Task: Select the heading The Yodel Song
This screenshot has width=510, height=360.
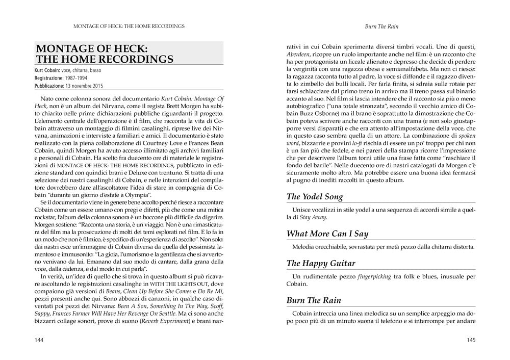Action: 315,196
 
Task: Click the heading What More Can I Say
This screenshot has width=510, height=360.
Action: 326,234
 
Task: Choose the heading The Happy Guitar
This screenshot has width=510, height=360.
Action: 321,263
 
